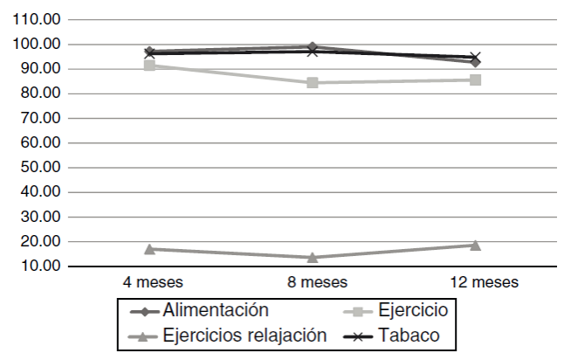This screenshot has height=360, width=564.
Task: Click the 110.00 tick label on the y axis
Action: pos(38,19)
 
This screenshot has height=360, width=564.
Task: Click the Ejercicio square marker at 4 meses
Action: pos(150,65)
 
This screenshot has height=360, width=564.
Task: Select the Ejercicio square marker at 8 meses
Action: pos(313,83)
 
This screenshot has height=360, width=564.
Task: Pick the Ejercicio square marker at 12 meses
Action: pos(476,80)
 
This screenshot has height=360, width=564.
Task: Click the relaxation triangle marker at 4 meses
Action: pos(150,249)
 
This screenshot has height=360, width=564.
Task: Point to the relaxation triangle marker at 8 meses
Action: pos(313,257)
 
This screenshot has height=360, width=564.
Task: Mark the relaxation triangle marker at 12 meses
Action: pos(476,245)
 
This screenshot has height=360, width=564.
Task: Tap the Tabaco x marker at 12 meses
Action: pos(476,58)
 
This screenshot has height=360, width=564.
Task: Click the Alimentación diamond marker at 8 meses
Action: pos(313,46)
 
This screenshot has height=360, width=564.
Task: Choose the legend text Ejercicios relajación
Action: pos(244,334)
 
